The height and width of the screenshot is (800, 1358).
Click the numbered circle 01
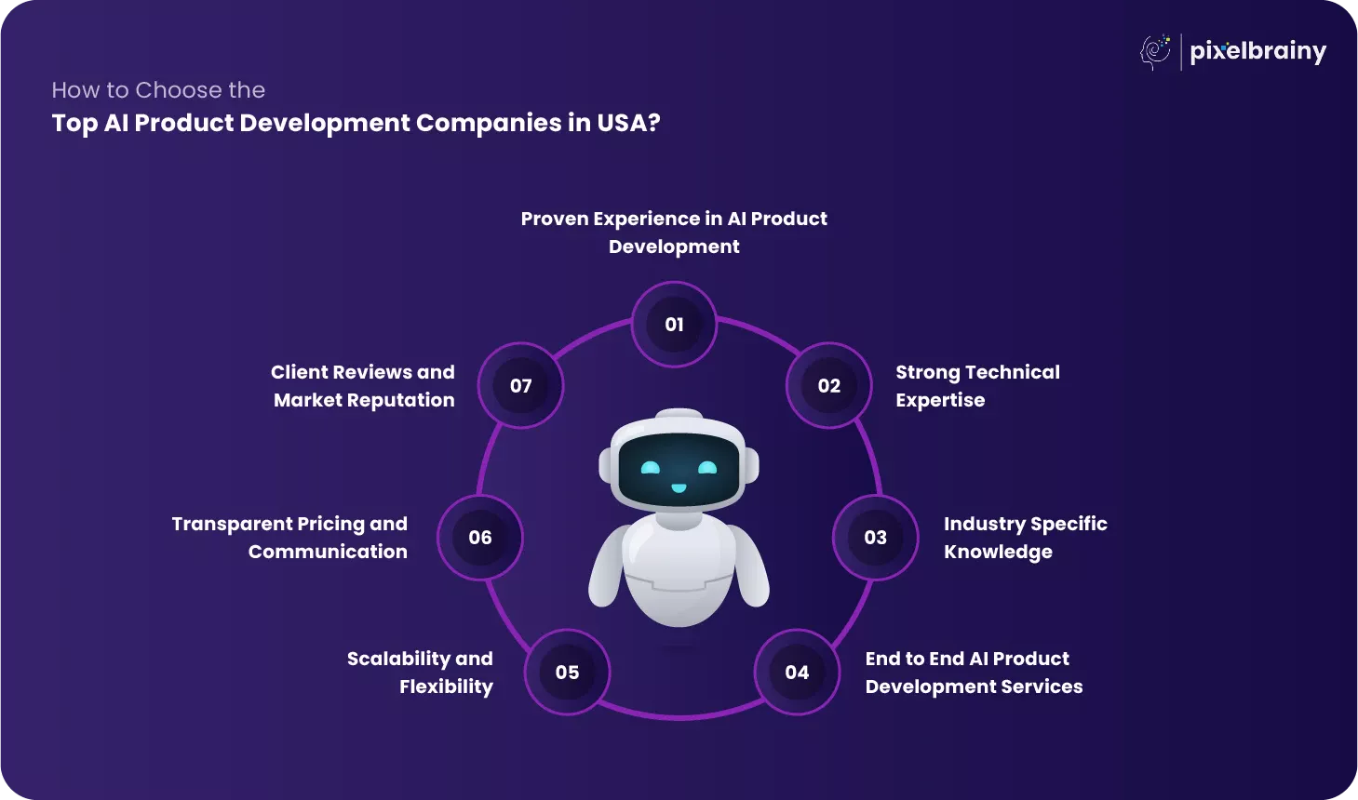(x=674, y=325)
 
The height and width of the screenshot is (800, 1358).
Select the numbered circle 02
(x=828, y=386)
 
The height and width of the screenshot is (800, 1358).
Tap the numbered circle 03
(x=875, y=538)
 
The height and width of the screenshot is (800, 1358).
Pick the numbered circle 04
(x=797, y=673)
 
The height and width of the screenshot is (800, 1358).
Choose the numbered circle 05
(x=567, y=673)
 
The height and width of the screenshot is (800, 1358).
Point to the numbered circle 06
(x=480, y=538)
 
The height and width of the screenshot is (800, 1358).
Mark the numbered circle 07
(x=520, y=386)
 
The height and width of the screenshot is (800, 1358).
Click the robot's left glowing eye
(x=651, y=468)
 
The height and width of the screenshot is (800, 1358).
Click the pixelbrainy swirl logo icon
(x=1156, y=51)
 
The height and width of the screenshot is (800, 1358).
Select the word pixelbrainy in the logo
(x=1257, y=51)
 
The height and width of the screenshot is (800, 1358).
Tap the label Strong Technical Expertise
(x=977, y=386)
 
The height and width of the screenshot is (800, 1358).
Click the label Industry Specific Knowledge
(x=1025, y=538)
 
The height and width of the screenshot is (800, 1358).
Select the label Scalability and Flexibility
(x=420, y=673)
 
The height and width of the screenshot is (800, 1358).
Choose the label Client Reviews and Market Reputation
(x=363, y=386)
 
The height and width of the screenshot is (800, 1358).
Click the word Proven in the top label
(x=554, y=219)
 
